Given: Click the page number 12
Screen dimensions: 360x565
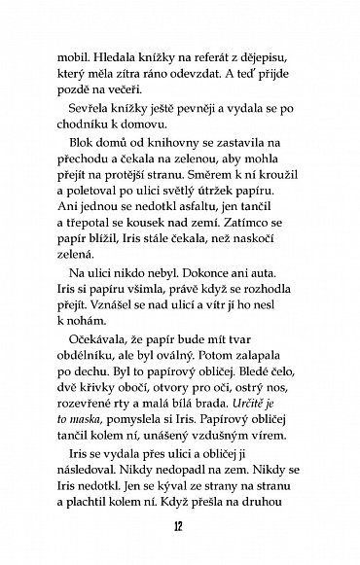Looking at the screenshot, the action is point(180,530).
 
